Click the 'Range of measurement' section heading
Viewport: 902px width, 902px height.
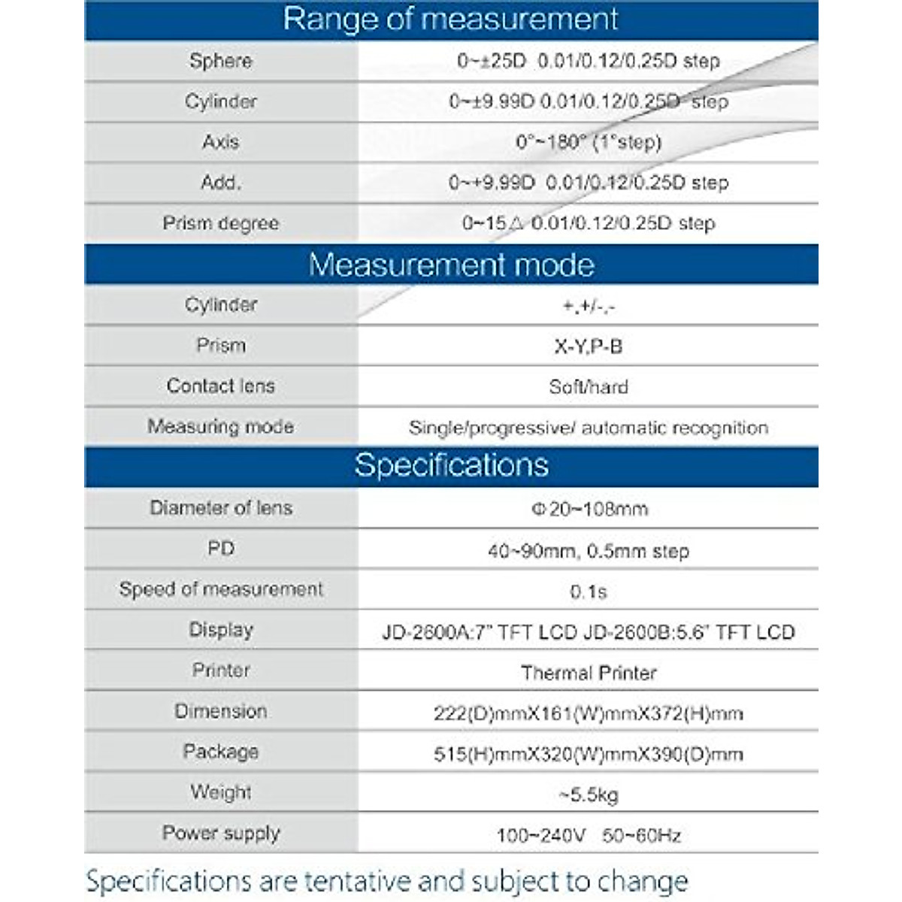(451, 20)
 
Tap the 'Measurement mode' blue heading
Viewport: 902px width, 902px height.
(451, 265)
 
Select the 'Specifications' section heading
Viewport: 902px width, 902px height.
(451, 465)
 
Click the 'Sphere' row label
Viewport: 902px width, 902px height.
(220, 61)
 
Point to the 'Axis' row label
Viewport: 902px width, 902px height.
(220, 142)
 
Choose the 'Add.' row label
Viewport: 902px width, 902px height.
(220, 183)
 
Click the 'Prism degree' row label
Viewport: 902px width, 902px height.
(220, 223)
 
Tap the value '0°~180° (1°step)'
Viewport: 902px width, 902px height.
(589, 142)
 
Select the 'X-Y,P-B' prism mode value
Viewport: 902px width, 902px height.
(589, 347)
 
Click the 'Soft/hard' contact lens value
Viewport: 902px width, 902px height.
(589, 387)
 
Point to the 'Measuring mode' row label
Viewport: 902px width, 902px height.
(220, 427)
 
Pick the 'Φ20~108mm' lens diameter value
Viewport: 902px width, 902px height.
(589, 509)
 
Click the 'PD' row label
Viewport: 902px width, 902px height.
(220, 549)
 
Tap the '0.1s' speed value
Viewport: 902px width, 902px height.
(589, 592)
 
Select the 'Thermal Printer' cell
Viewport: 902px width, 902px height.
(589, 673)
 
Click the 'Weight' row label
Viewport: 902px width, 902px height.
(220, 792)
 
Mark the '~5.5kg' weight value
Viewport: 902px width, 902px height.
(589, 795)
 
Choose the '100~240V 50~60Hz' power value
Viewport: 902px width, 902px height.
(589, 835)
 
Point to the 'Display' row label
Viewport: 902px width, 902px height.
(220, 630)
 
